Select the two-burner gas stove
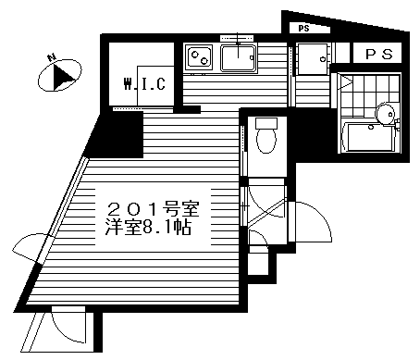201,59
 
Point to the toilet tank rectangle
266,123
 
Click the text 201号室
155,205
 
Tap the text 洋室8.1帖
149,227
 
